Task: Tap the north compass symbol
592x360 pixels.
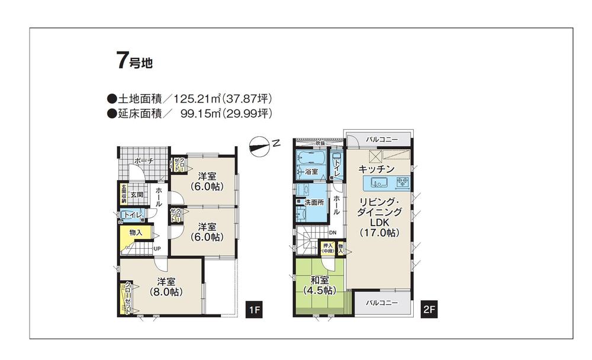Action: [263, 144]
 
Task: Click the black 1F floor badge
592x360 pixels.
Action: [255, 310]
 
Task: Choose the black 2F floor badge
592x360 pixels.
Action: [429, 310]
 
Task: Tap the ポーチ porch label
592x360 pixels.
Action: [143, 161]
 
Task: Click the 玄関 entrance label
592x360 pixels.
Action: [137, 194]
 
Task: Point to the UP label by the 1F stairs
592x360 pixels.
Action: [157, 249]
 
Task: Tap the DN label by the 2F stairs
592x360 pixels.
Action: [333, 232]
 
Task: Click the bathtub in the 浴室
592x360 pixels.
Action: [309, 159]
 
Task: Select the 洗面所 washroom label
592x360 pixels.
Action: [313, 202]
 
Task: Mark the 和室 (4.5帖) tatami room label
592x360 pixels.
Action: [320, 285]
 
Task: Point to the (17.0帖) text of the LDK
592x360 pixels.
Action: [379, 233]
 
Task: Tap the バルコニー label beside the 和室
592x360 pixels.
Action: [381, 303]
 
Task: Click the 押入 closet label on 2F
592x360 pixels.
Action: [327, 248]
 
